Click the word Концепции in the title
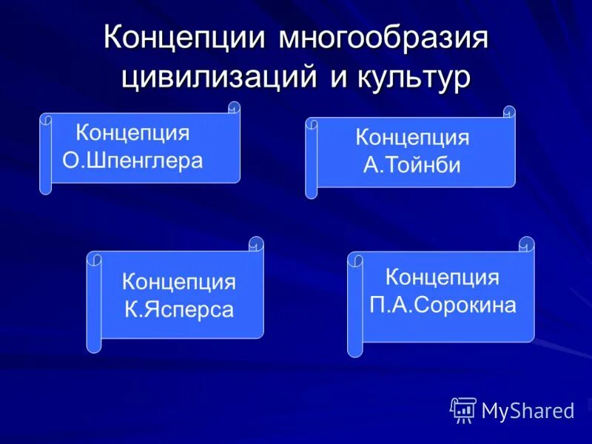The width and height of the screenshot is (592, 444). (186, 38)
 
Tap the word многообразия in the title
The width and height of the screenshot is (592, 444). (384, 38)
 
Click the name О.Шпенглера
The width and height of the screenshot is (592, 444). (132, 161)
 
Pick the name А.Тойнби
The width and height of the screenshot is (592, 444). (412, 165)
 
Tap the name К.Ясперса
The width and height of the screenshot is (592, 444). (179, 309)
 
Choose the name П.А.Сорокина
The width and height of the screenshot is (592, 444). (443, 304)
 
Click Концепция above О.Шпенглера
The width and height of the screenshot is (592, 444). (132, 133)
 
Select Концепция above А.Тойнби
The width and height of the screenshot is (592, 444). (412, 138)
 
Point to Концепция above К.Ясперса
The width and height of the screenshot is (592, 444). (179, 282)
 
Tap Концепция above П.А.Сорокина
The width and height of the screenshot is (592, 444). (443, 277)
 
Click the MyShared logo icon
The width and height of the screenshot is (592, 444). (463, 409)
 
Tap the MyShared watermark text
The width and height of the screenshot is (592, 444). (528, 411)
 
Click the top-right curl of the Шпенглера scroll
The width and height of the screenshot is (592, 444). (234, 108)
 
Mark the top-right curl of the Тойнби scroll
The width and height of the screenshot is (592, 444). (509, 112)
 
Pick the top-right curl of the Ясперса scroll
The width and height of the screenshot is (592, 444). (257, 243)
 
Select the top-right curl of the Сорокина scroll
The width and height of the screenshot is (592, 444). (527, 243)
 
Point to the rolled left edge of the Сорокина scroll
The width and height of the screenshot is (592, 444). (355, 304)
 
